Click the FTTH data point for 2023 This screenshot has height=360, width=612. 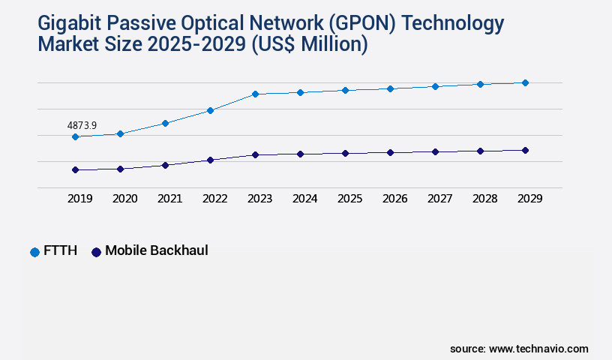(255, 94)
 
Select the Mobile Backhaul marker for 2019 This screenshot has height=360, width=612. (75, 170)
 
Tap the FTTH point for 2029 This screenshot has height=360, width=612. (525, 82)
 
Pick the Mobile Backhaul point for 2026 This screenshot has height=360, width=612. (390, 152)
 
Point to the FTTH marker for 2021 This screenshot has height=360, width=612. (165, 123)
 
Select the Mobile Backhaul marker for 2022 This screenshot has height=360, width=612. (210, 160)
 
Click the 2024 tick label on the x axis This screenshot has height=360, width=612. (304, 199)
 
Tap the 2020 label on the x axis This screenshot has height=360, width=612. (124, 199)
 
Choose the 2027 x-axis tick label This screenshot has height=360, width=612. (439, 199)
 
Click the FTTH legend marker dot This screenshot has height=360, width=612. (34, 252)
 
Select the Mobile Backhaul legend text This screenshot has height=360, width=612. (156, 250)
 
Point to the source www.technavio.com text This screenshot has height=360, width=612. (519, 349)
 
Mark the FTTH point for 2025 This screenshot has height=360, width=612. (345, 90)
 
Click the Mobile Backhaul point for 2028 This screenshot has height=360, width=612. (480, 151)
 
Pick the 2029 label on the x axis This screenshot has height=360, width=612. (529, 199)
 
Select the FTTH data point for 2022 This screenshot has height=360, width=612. (210, 110)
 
